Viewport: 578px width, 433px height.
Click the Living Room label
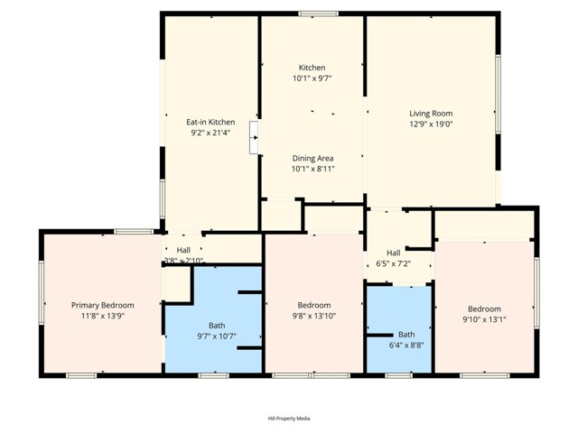[430, 113]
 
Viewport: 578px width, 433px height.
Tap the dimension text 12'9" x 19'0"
[430, 124]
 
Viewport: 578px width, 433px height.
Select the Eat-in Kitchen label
[210, 122]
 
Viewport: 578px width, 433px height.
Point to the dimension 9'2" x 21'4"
[210, 133]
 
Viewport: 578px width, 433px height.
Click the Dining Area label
[313, 158]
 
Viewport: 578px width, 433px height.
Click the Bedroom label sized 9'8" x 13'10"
[313, 305]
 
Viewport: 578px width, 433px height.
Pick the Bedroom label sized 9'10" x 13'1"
[484, 309]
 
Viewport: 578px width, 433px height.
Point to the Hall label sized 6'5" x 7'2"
[393, 253]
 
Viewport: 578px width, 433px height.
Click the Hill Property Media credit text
[289, 419]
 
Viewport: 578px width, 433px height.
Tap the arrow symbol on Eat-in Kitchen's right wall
[254, 140]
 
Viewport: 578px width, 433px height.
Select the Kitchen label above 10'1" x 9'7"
[312, 68]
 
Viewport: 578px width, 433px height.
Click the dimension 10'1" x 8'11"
[313, 169]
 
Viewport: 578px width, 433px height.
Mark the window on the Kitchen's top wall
[312, 14]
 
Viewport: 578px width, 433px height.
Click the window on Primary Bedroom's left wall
[42, 291]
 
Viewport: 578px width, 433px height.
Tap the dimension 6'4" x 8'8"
[406, 345]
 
